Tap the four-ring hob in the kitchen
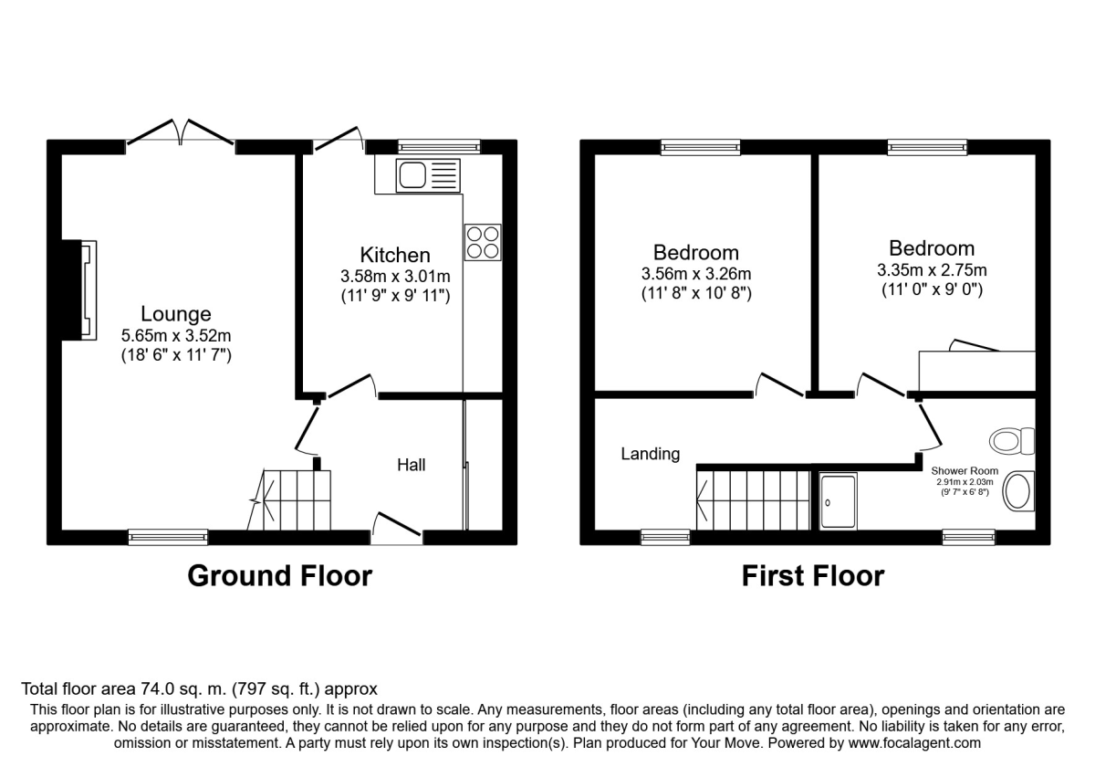click(x=483, y=242)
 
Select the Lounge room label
click(x=176, y=315)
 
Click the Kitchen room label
click(x=395, y=255)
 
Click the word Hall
click(x=411, y=465)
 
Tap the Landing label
click(x=651, y=454)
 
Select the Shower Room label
click(x=965, y=471)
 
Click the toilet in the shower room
click(x=1011, y=442)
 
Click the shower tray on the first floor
click(x=839, y=501)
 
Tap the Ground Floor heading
click(x=279, y=576)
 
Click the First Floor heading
click(x=812, y=576)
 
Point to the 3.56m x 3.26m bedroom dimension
click(x=695, y=274)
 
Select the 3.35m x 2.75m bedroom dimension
click(x=932, y=269)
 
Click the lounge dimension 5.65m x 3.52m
click(x=176, y=335)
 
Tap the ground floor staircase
click(x=290, y=499)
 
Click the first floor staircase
click(x=753, y=499)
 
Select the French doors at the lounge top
click(x=181, y=134)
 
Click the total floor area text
click(x=199, y=689)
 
